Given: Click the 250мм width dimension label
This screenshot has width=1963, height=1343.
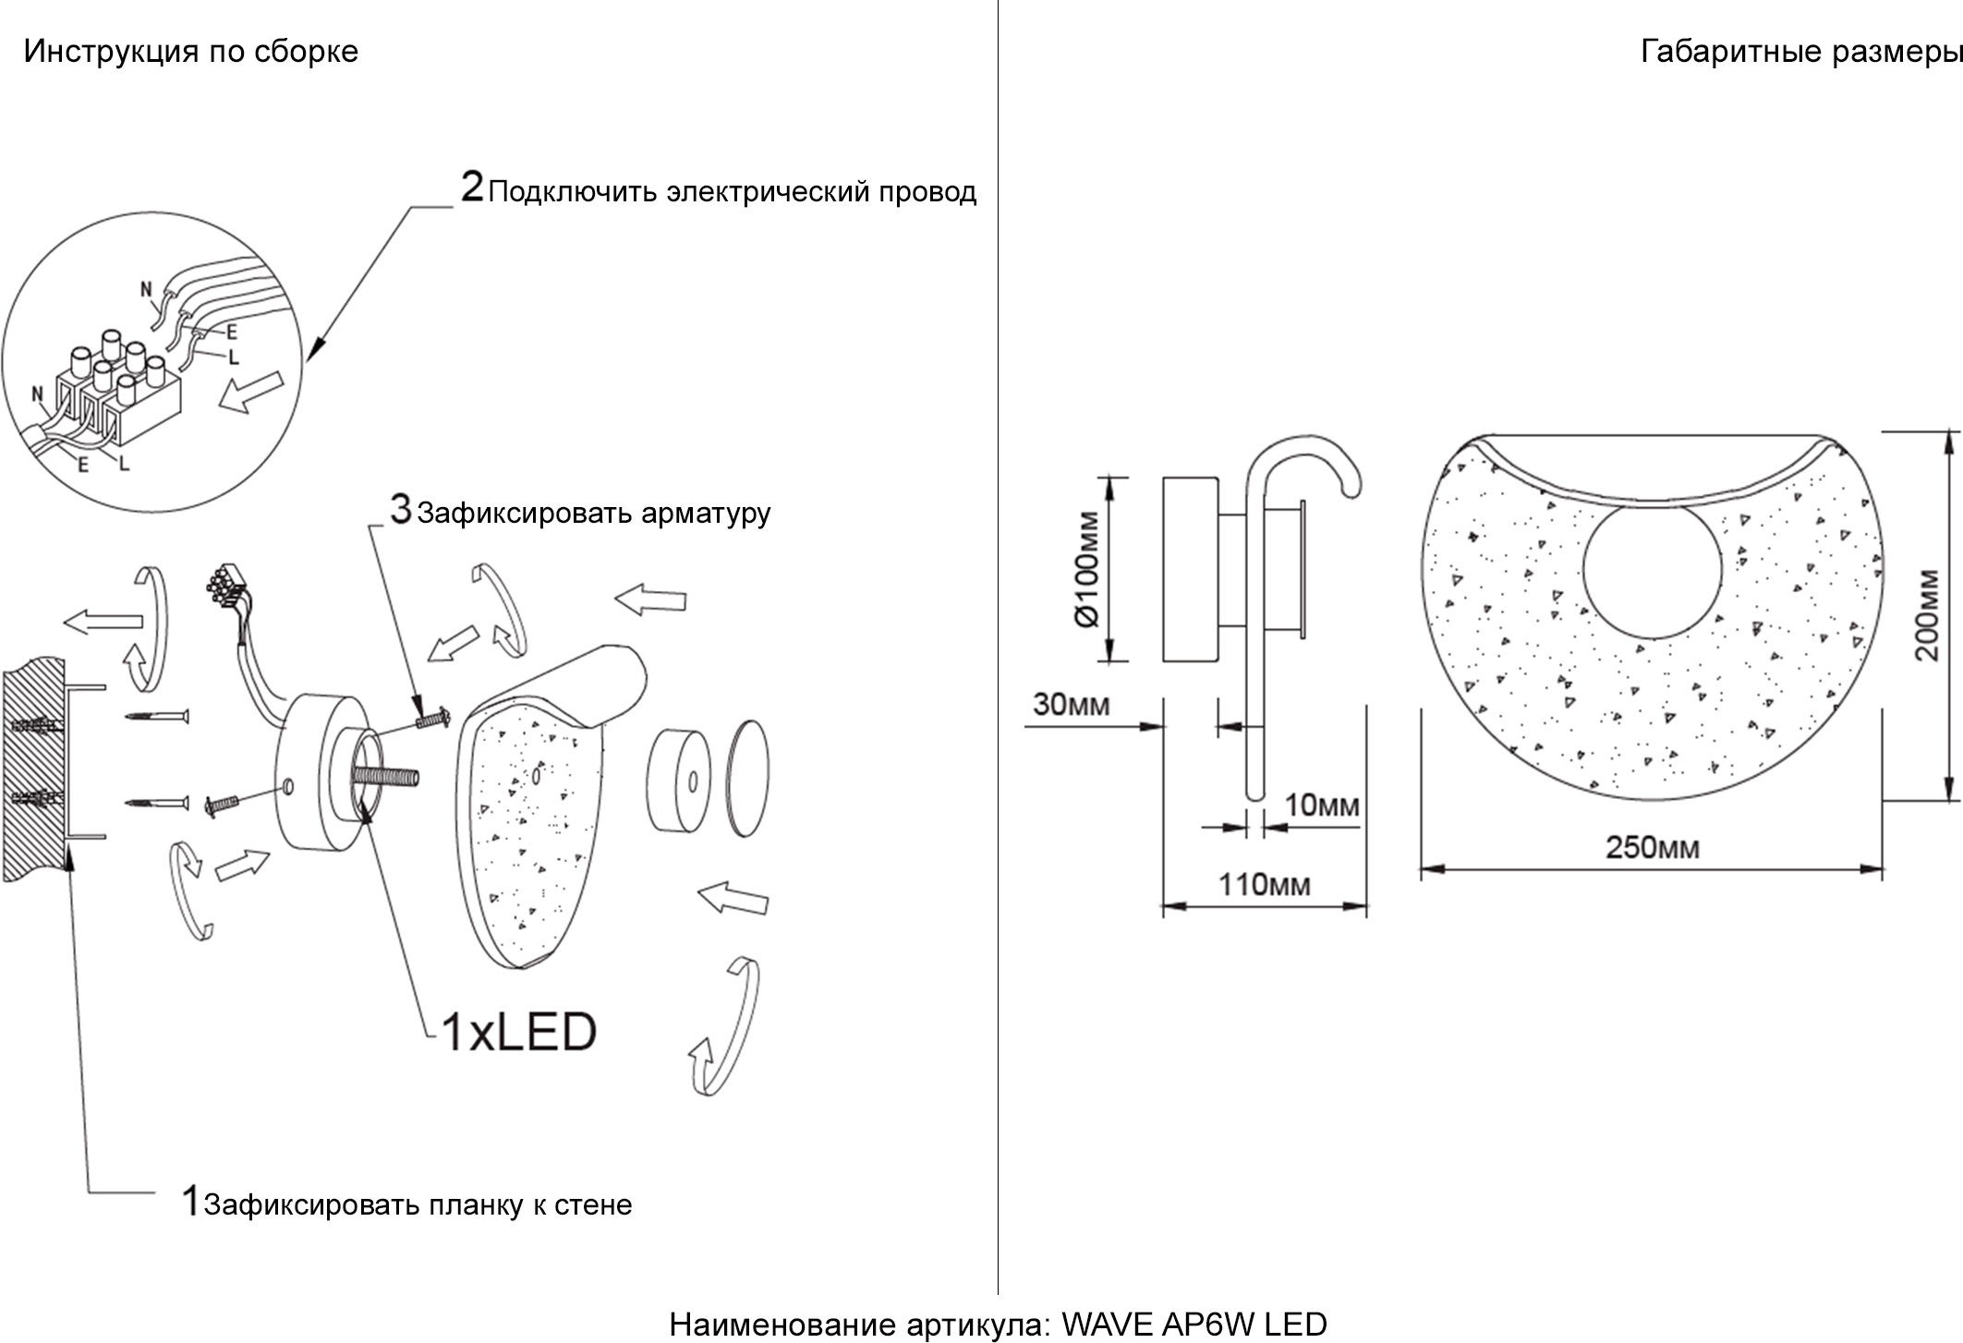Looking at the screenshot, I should point(1652,847).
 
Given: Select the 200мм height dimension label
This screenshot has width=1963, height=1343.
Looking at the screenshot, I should point(1928,614).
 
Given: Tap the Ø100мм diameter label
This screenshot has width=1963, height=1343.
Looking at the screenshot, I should point(1088,569).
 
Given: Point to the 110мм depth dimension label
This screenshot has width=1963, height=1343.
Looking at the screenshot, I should point(1264,885).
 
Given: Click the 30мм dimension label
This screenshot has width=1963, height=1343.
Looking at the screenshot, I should point(1071,704).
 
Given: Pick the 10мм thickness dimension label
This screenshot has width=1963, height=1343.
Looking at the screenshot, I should point(1322,805).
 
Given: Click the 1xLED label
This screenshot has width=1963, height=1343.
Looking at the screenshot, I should point(519,1033).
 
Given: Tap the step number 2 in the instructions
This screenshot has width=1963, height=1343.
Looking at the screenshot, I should point(472,188).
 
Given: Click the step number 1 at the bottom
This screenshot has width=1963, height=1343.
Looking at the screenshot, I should point(190,1201).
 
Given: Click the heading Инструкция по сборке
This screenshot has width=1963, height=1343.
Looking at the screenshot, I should point(190,51).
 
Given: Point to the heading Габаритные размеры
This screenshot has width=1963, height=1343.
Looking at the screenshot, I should point(1800,51).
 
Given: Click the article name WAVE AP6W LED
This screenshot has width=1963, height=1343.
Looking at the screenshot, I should point(1194,1325).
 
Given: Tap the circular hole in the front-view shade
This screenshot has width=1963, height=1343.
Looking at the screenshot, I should point(1652,571).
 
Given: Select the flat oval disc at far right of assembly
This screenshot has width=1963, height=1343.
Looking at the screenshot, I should point(747,779).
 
